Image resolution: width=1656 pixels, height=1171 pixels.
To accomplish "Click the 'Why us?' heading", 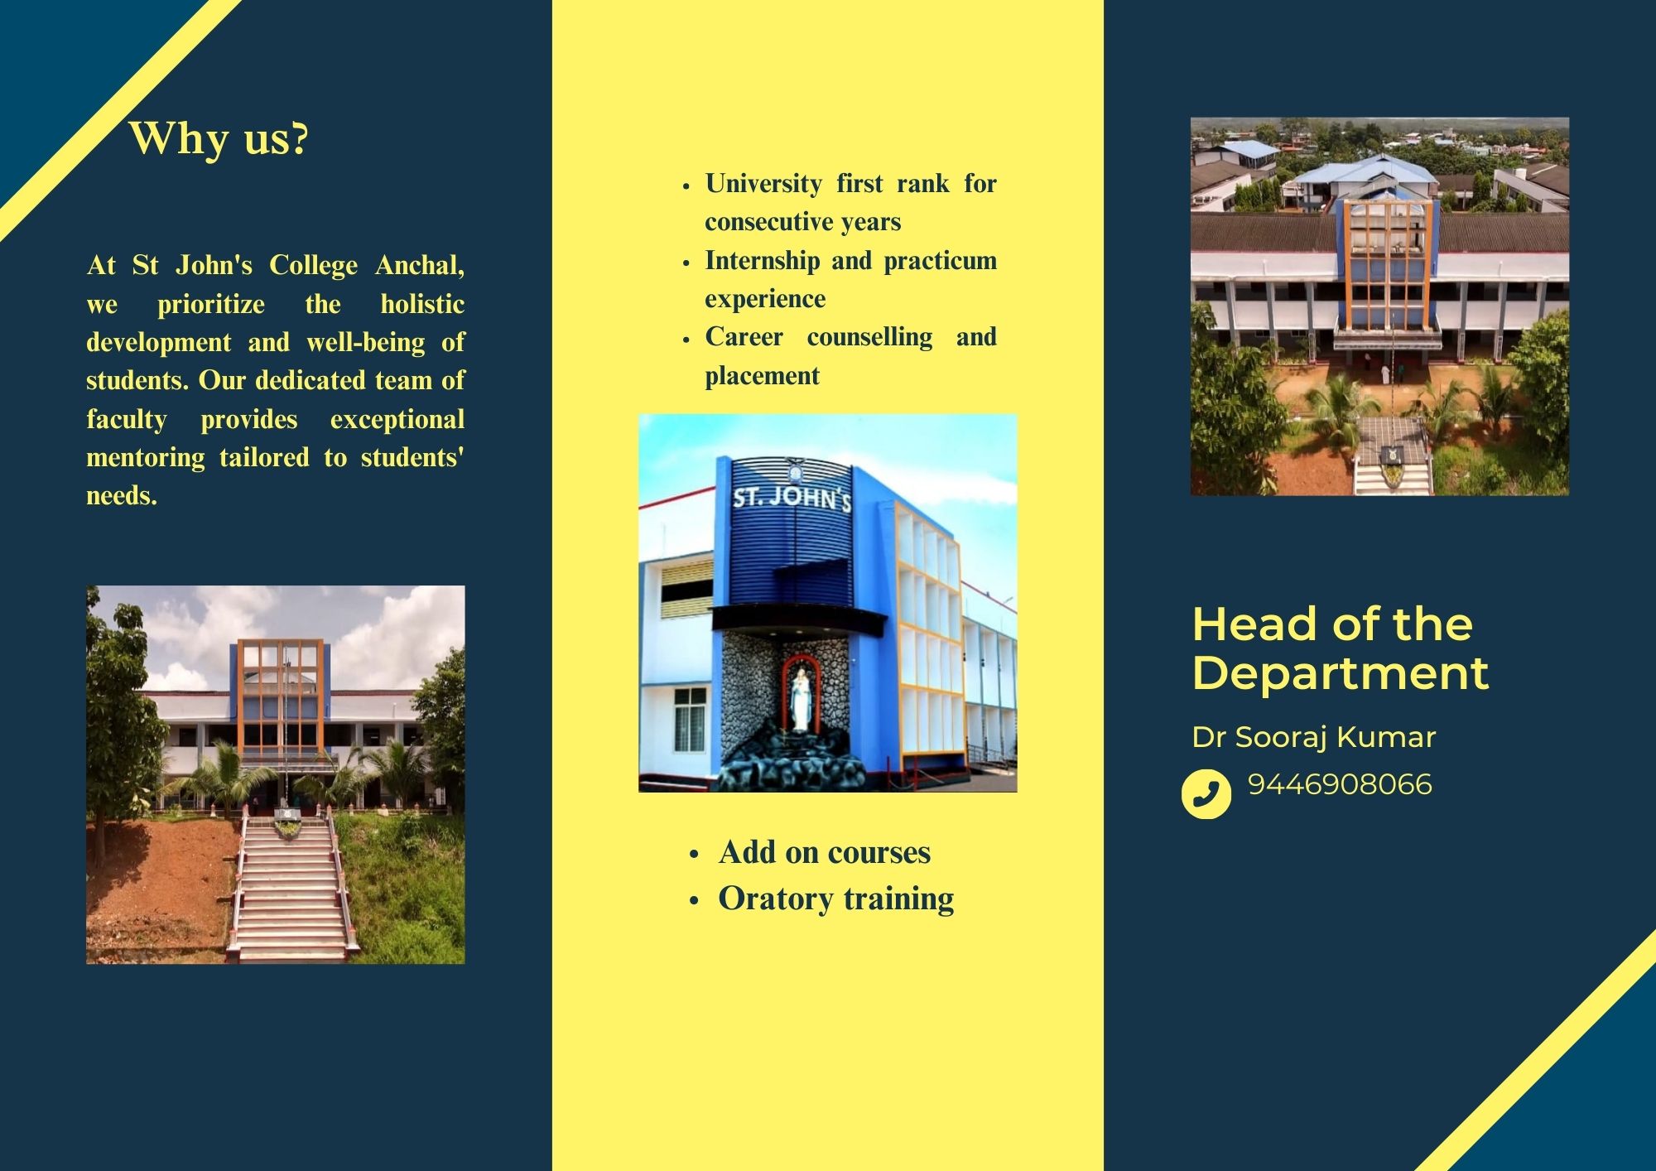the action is (219, 138).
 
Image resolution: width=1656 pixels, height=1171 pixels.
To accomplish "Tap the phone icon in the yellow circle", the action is (1206, 794).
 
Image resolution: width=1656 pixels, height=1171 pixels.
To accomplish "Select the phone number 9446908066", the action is (1340, 784).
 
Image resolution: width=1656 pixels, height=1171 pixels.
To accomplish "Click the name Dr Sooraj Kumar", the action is (1314, 737).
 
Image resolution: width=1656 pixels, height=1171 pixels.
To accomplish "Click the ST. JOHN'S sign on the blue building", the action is (792, 498).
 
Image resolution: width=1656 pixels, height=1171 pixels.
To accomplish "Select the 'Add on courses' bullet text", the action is (825, 852).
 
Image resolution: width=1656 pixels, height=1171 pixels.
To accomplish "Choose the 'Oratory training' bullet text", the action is (836, 899).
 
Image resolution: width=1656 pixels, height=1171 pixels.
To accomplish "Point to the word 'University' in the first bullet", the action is (763, 184).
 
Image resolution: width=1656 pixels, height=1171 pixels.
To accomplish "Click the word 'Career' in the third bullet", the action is (744, 337).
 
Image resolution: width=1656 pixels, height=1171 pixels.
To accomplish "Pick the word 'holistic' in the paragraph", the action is (422, 304).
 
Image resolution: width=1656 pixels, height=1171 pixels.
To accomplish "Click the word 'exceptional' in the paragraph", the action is (397, 420).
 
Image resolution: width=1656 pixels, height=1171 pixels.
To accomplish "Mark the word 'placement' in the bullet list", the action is (762, 376).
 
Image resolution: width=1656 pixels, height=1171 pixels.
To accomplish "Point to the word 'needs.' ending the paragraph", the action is (122, 496).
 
